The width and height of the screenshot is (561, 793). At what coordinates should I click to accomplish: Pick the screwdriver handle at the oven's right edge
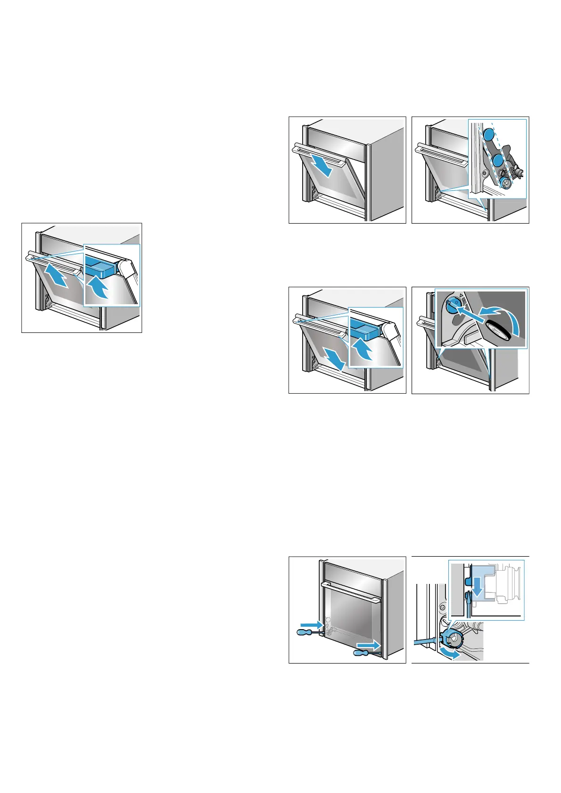363,653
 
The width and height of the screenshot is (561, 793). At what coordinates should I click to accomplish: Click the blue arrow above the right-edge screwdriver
367,643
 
